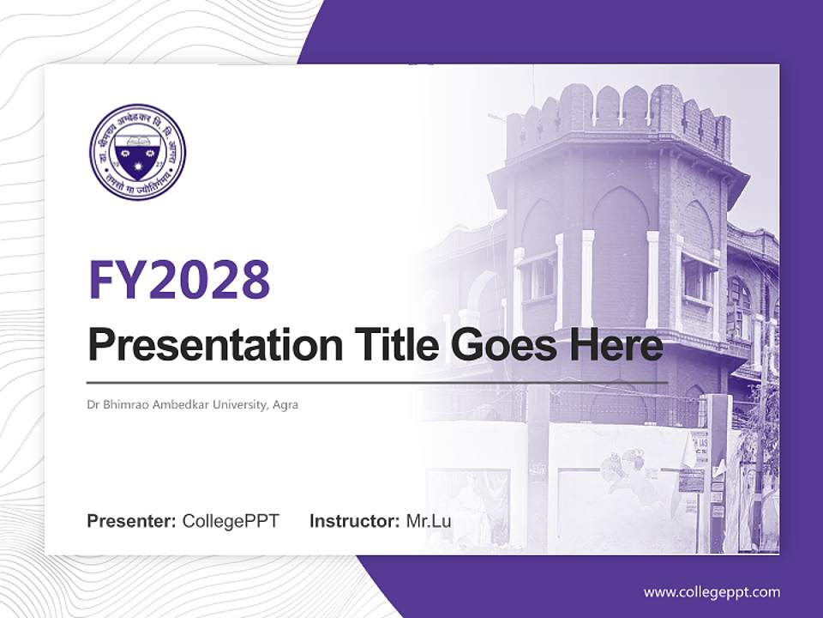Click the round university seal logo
click(137, 152)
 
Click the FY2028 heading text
click(179, 279)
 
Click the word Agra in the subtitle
click(285, 404)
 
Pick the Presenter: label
click(132, 521)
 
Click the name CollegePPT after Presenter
click(231, 521)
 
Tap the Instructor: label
click(355, 521)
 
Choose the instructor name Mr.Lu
click(429, 521)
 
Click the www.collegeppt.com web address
click(712, 592)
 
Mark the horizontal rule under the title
click(377, 383)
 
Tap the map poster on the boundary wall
click(626, 468)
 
